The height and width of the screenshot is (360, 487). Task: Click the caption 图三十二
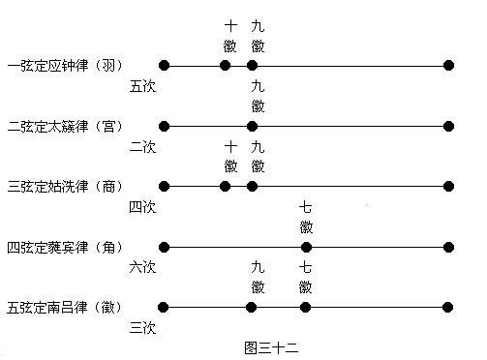pyautogui.click(x=270, y=345)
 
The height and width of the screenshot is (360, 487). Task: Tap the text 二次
pyautogui.click(x=142, y=146)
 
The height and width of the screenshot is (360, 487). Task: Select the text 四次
pyautogui.click(x=142, y=206)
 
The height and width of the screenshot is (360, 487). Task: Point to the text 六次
pyautogui.click(x=142, y=267)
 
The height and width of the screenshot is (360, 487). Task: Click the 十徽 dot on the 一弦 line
pyautogui.click(x=226, y=65)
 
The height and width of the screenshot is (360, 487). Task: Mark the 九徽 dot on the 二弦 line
pyautogui.click(x=252, y=126)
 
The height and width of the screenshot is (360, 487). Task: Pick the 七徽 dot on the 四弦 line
pyautogui.click(x=306, y=247)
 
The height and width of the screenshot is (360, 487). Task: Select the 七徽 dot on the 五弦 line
pyautogui.click(x=306, y=307)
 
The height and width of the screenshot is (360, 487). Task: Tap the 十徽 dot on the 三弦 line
pyautogui.click(x=226, y=186)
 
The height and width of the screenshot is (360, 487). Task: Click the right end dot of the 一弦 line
pyautogui.click(x=448, y=65)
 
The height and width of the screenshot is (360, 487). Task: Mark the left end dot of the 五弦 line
pyautogui.click(x=164, y=307)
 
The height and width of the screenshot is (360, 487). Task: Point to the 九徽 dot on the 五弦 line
pyautogui.click(x=252, y=307)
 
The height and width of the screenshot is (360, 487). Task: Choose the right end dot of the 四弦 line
pyautogui.click(x=448, y=247)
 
